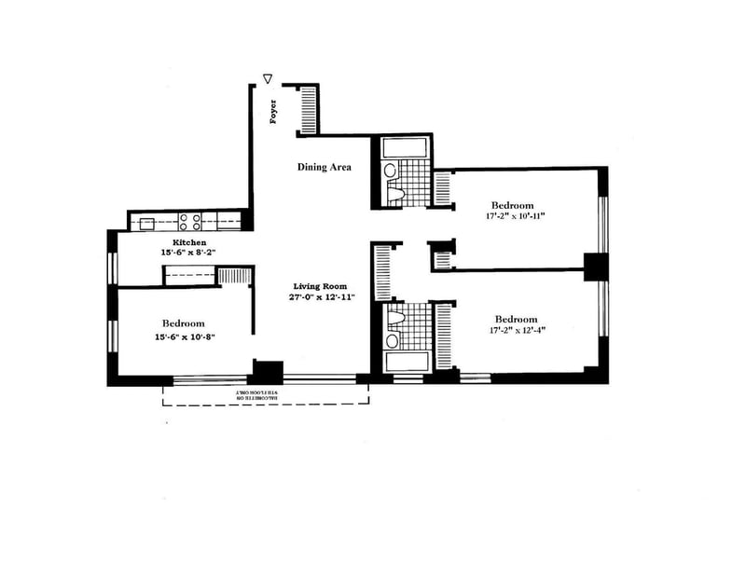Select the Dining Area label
pyautogui.click(x=324, y=168)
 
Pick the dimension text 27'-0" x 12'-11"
pyautogui.click(x=320, y=298)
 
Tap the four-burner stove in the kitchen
pyautogui.click(x=190, y=222)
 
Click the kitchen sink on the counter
pyautogui.click(x=147, y=223)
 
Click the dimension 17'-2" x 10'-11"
pyautogui.click(x=514, y=216)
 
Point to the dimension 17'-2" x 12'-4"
pyautogui.click(x=516, y=329)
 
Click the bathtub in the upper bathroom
pyautogui.click(x=404, y=147)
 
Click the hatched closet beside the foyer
pyautogui.click(x=309, y=110)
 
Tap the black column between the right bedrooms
pyautogui.click(x=596, y=267)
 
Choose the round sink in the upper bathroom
pyautogui.click(x=390, y=171)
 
